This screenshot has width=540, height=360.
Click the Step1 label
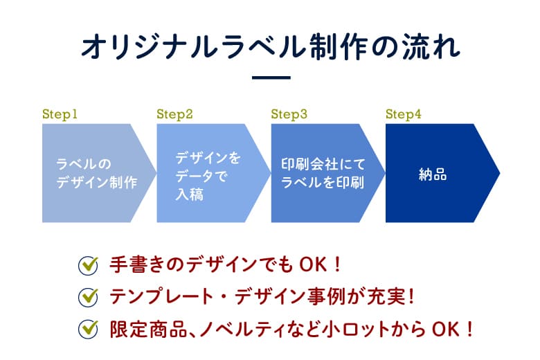pyautogui.click(x=60, y=114)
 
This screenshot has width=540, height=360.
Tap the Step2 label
pyautogui.click(x=174, y=114)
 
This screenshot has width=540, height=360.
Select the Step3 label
pyautogui.click(x=289, y=114)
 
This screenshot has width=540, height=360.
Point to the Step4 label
pyautogui.click(x=404, y=114)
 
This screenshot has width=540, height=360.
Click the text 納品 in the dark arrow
pyautogui.click(x=433, y=174)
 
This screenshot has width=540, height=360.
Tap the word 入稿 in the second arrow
pyautogui.click(x=189, y=195)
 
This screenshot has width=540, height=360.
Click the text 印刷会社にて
pyautogui.click(x=323, y=164)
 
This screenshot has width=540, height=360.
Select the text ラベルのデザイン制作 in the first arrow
pyautogui.click(x=97, y=173)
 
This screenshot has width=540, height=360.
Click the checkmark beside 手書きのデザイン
pyautogui.click(x=88, y=265)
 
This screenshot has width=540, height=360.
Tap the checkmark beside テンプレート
pyautogui.click(x=88, y=297)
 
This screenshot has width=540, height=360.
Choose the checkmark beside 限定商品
pyautogui.click(x=88, y=329)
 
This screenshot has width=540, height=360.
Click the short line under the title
pyautogui.click(x=271, y=78)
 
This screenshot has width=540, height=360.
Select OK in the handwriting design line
pyautogui.click(x=313, y=265)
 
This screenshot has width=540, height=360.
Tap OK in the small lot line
pyautogui.click(x=446, y=329)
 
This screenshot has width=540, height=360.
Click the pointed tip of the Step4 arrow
pyautogui.click(x=499, y=173)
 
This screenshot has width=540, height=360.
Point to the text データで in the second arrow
pyautogui.click(x=201, y=177)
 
